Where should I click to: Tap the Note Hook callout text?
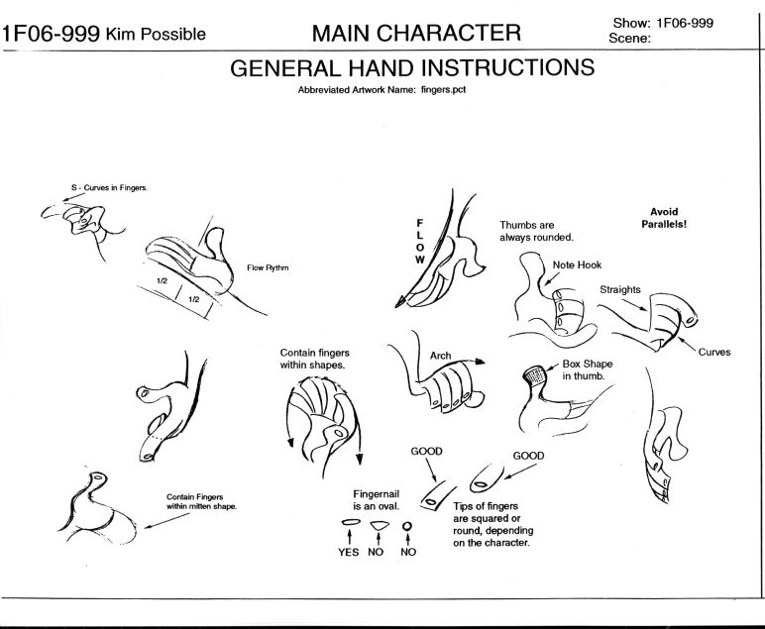coord(576,264)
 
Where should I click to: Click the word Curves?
coord(712,351)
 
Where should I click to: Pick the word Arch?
coord(440,355)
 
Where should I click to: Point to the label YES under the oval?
coord(349,552)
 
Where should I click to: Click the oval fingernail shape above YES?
coord(349,522)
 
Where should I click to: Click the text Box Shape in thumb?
coord(589,369)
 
